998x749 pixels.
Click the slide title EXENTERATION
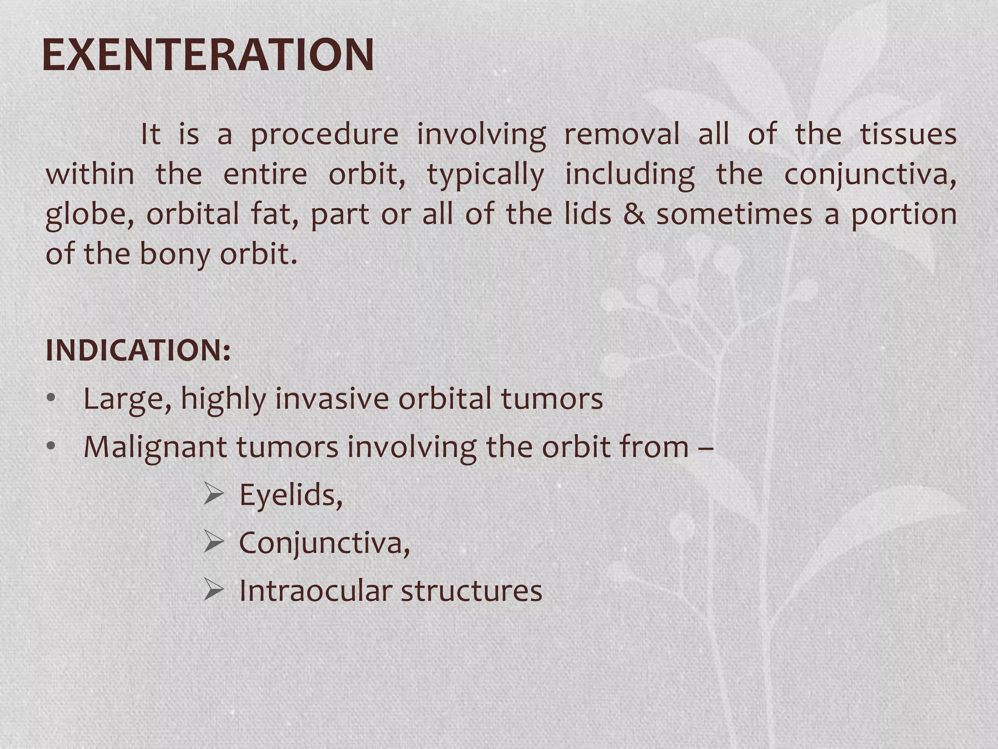(208, 55)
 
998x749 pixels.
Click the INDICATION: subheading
(138, 350)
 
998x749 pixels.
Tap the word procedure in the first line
(325, 134)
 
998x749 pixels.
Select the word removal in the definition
(621, 134)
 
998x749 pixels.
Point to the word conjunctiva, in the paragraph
(870, 175)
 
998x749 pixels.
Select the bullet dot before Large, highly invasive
(51, 399)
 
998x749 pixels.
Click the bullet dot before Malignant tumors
(51, 447)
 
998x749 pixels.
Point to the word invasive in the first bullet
(332, 399)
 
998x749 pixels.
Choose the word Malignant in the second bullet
(155, 447)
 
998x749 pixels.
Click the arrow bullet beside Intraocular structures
(213, 590)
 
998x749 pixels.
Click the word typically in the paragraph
(485, 175)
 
